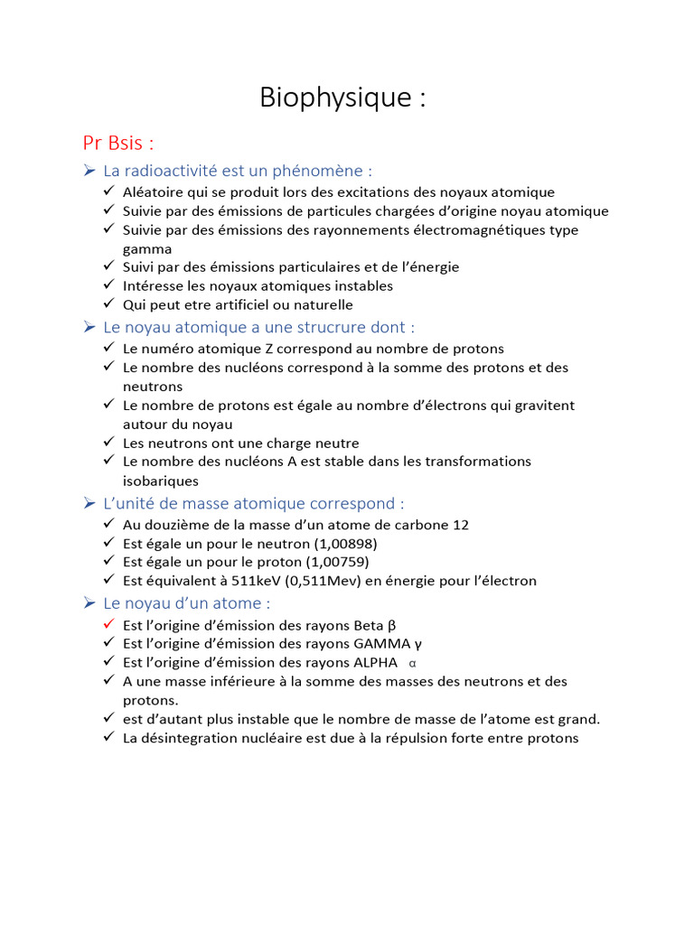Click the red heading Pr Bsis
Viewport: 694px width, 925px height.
click(118, 143)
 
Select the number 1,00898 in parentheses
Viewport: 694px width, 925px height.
click(345, 543)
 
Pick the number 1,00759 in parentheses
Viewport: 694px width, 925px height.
click(338, 562)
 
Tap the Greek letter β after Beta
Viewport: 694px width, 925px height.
click(391, 625)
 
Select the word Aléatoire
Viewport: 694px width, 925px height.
click(155, 192)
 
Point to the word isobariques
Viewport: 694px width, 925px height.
click(160, 481)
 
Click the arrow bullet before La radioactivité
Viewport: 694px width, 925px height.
click(89, 171)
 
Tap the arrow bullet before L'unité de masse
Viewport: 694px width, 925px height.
click(89, 503)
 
